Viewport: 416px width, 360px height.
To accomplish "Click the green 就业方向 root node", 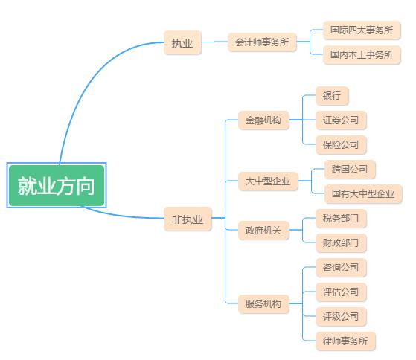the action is pos(57,185).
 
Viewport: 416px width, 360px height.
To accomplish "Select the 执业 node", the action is pos(182,42).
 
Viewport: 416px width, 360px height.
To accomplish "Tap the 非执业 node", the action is pos(188,219).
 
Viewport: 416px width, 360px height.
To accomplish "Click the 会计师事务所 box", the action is pos(262,42).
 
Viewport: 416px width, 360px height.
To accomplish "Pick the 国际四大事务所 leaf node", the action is pos(362,30).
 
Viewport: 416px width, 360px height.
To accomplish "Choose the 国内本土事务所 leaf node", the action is pos(362,54).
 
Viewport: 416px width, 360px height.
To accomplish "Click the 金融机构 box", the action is pos(263,120).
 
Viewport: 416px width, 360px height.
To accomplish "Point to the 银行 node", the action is pos(332,96).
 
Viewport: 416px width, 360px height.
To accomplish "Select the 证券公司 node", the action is pos(341,120).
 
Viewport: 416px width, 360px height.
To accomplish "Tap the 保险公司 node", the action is pos(341,145).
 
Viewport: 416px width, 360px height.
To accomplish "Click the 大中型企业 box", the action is pos(268,181).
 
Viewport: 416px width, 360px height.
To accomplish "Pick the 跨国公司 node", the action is pos(350,169).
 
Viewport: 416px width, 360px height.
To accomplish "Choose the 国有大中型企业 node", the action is pos(363,194).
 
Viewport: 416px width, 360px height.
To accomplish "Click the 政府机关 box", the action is pos(263,230).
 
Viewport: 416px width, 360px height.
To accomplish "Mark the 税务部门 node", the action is pos(341,219).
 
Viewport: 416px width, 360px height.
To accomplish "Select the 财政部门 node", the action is pos(341,242).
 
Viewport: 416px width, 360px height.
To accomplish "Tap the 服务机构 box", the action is pos(263,303).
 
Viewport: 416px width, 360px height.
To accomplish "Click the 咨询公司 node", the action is pos(341,268).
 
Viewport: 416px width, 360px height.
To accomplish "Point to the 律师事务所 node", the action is pos(345,341).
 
